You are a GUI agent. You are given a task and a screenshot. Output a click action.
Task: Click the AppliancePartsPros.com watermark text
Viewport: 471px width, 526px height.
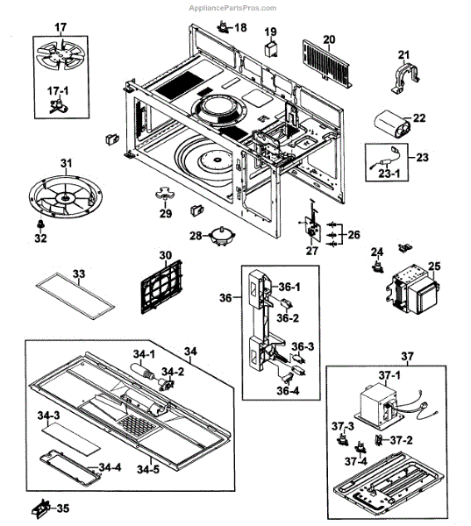pos(232,8)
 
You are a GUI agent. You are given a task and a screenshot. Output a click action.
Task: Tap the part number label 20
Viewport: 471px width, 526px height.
pos(329,39)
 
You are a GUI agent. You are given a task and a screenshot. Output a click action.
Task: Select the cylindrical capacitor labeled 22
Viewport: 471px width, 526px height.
pos(392,125)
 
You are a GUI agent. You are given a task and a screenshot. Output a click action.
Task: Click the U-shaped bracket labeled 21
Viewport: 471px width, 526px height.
pos(405,78)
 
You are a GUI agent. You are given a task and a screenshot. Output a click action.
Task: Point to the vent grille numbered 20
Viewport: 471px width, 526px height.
pos(327,64)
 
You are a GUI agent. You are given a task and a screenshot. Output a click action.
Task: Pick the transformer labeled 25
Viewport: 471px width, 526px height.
pos(412,289)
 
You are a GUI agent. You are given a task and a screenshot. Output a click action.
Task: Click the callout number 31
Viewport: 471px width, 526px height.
pos(66,163)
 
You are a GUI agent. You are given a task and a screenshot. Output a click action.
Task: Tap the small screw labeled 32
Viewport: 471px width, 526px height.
pos(40,224)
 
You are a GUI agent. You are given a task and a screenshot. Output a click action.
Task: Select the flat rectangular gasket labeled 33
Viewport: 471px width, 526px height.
pos(75,296)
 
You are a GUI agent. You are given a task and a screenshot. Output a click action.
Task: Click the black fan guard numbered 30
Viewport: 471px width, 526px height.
pos(161,287)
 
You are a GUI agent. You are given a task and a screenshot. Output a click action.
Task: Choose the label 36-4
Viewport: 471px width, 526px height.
pos(288,390)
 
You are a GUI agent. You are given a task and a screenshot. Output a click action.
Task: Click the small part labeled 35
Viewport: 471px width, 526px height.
pos(41,508)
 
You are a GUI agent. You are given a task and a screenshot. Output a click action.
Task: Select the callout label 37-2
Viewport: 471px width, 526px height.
pos(401,439)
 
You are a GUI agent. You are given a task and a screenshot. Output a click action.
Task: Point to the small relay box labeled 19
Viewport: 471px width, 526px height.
pos(271,49)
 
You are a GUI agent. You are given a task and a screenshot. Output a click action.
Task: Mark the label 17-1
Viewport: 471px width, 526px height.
pos(57,90)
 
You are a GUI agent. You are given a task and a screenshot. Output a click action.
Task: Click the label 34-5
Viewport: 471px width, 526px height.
pos(148,469)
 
